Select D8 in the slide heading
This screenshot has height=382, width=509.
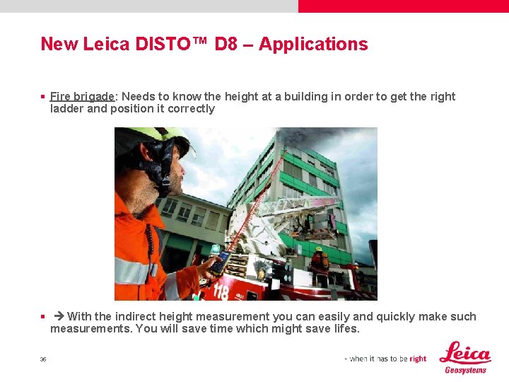pyautogui.click(x=226, y=44)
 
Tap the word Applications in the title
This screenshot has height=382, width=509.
pyautogui.click(x=313, y=44)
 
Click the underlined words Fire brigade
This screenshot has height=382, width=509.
pyautogui.click(x=83, y=96)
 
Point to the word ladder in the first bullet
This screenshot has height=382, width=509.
pyautogui.click(x=66, y=109)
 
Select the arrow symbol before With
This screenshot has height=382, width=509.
pyautogui.click(x=59, y=316)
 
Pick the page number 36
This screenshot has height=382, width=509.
pyautogui.click(x=43, y=359)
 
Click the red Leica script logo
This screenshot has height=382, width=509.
pyautogui.click(x=464, y=353)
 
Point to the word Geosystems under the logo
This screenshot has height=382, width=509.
pyautogui.click(x=465, y=370)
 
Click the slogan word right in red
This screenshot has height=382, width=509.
pyautogui.click(x=418, y=359)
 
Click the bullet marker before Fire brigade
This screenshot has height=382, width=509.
pyautogui.click(x=43, y=97)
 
